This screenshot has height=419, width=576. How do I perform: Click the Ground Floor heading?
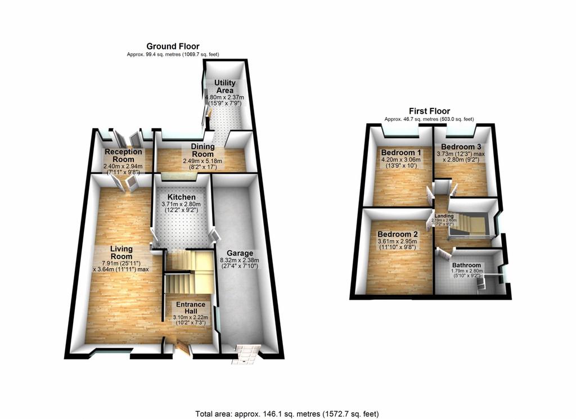173,46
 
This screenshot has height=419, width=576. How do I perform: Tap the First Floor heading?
429,111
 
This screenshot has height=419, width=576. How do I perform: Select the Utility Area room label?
225,86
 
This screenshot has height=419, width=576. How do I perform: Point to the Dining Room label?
202,150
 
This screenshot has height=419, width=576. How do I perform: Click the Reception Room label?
123,155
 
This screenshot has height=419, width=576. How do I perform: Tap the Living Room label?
121,253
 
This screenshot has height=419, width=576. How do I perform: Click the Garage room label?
240,253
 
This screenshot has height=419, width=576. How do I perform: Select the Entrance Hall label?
190,308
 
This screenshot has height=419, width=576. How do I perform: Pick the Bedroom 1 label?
401,152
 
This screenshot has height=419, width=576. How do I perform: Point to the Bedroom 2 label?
398,235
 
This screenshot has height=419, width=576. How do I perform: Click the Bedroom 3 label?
461,147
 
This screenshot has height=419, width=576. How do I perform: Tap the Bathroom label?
466,265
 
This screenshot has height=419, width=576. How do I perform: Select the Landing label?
444,216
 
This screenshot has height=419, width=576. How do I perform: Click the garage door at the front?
245,354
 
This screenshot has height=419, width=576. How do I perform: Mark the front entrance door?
183,348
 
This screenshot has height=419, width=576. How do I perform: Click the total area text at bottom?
287,414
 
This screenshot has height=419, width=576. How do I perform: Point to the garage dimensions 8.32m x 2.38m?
240,260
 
